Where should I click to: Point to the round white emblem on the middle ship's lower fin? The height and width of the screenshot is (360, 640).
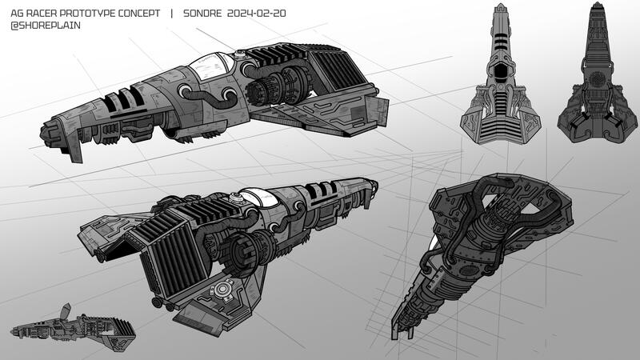[x=222, y=292]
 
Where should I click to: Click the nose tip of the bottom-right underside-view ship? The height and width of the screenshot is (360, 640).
[x=398, y=332]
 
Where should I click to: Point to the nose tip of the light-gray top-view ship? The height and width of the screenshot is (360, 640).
[x=500, y=7]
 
